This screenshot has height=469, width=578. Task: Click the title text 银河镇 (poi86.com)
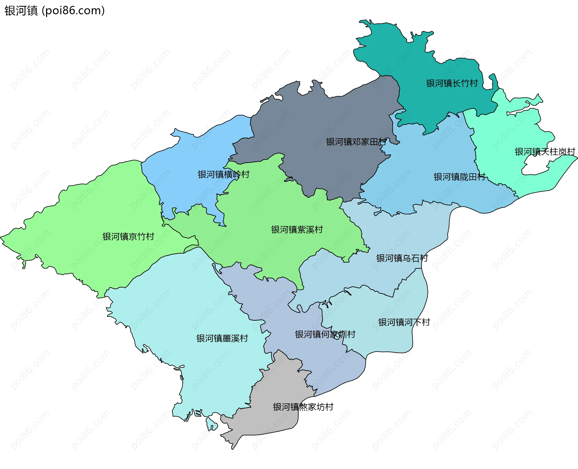tap(54, 11)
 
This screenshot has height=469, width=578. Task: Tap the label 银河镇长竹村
tap(452, 83)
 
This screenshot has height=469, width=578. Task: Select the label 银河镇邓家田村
tap(356, 142)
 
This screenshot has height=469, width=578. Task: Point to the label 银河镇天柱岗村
tap(545, 152)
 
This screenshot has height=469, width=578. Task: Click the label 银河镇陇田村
tap(459, 177)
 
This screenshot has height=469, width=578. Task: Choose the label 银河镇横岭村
tap(223, 175)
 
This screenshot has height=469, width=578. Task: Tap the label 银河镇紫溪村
tap(297, 230)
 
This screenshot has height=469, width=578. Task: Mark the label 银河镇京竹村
tap(128, 237)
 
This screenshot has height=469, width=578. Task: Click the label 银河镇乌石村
tap(402, 258)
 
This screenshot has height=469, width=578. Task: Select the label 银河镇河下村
tap(404, 323)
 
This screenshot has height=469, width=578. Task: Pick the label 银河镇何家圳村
tap(325, 335)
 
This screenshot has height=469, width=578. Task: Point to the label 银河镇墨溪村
tap(222, 339)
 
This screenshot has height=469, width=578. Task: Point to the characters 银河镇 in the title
tap(21, 11)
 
